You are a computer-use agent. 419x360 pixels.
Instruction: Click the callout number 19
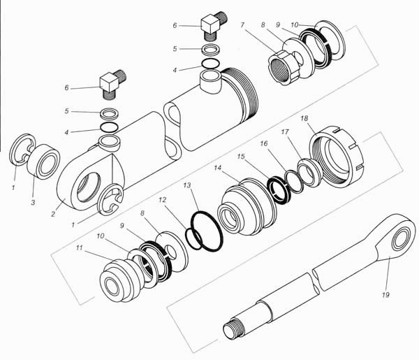pyautogui.click(x=385, y=295)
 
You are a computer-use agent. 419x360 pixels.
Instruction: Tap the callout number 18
pyautogui.click(x=304, y=118)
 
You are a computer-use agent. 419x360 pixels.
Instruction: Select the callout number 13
pyautogui.click(x=187, y=185)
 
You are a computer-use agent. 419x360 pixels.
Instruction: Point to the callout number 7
pyautogui.click(x=242, y=25)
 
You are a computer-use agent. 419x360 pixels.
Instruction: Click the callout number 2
pyautogui.click(x=53, y=214)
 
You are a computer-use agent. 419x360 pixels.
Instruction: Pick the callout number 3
pyautogui.click(x=33, y=203)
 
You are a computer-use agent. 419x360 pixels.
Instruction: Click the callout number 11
pyautogui.click(x=79, y=248)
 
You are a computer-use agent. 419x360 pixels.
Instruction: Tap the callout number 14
pyautogui.click(x=218, y=168)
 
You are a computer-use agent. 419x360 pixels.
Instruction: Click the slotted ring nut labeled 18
pyautogui.click(x=337, y=157)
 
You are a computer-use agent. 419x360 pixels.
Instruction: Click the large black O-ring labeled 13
pyautogui.click(x=207, y=231)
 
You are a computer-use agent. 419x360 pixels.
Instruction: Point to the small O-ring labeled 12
pyautogui.click(x=193, y=237)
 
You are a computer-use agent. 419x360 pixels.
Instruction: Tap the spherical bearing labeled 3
pyautogui.click(x=43, y=161)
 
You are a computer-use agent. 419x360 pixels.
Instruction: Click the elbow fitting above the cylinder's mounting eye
pyautogui.click(x=112, y=85)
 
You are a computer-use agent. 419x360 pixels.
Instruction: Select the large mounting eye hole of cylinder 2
pyautogui.click(x=88, y=188)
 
